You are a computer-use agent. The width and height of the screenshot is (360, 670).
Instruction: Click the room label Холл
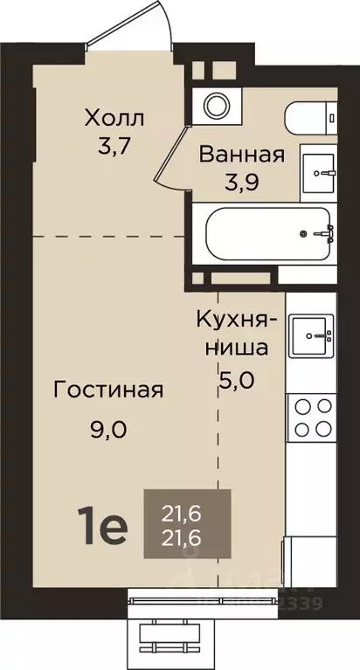[114, 116]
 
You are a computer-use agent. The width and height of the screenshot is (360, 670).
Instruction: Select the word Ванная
[241, 155]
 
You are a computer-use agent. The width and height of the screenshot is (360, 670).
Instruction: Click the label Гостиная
[107, 390]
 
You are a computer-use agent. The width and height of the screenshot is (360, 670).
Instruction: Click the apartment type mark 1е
[106, 526]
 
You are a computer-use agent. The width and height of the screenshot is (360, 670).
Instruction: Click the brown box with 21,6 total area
[188, 524]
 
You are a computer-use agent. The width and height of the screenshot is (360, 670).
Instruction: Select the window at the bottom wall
[180, 603]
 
